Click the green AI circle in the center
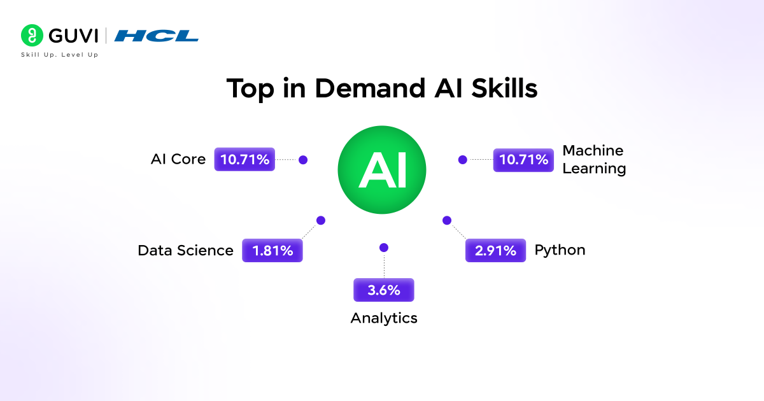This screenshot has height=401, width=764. point(381,170)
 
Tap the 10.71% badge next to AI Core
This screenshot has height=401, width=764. point(244,160)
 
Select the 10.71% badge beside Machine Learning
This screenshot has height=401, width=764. point(523,160)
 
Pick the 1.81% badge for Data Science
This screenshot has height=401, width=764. point(272,251)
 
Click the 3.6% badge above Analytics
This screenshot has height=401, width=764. point(384,290)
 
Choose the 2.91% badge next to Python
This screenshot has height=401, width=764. point(496,251)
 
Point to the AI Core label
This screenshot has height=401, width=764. point(178,160)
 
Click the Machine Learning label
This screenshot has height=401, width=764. point(594,160)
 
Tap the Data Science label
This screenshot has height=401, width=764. point(185,251)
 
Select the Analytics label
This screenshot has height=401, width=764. point(384,318)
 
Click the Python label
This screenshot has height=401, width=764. point(560,250)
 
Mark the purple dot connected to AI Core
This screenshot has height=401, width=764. point(303,160)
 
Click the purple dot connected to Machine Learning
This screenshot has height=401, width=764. point(463,160)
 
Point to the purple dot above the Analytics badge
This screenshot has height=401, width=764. point(383,247)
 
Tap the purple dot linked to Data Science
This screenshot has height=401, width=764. point(321,220)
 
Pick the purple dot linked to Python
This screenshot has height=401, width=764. point(446,220)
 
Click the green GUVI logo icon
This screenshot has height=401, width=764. point(31,36)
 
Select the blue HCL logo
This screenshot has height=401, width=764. point(157,36)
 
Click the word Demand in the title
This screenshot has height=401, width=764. point(367,89)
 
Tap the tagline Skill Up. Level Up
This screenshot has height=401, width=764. point(59,55)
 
